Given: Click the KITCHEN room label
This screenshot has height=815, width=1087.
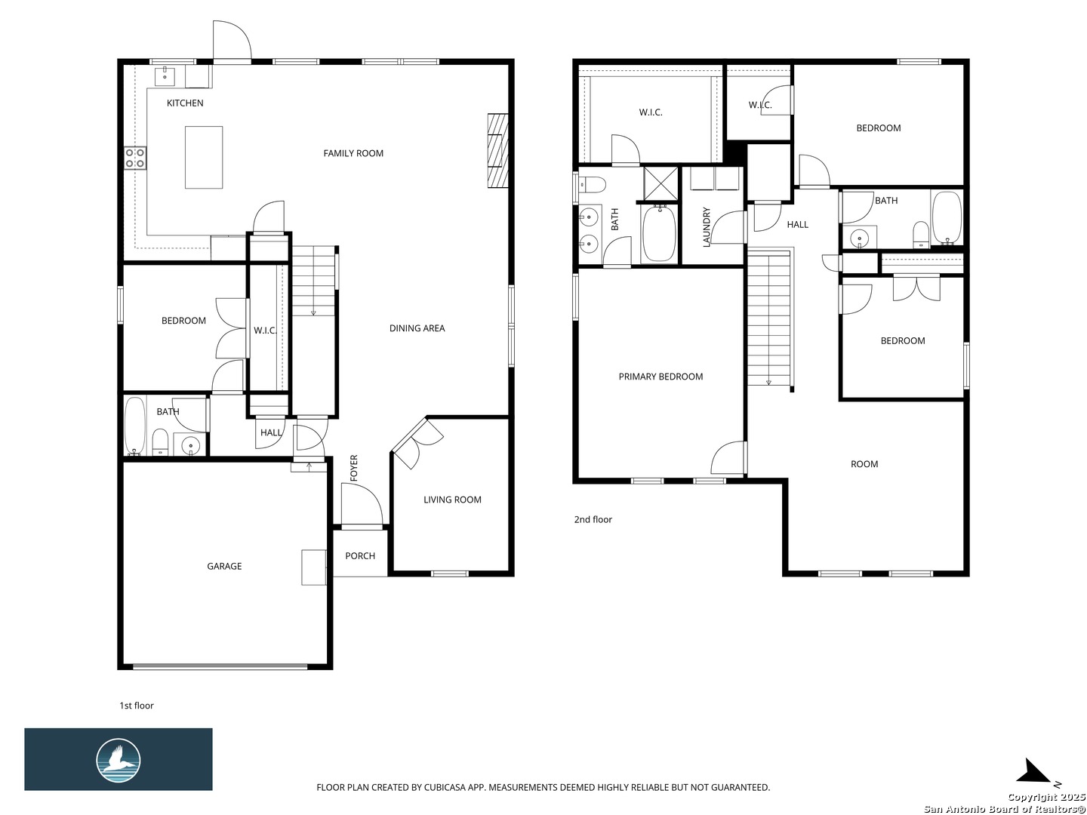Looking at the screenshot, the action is tap(185, 103).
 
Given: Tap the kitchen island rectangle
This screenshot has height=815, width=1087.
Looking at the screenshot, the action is tap(204, 158).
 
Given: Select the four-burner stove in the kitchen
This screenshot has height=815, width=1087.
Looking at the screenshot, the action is tap(134, 158).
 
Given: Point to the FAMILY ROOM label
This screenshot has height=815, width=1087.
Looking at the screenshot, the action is tap(353, 153).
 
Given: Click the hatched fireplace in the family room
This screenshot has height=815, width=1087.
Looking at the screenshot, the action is tap(497, 151).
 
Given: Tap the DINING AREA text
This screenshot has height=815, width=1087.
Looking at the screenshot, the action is tap(417, 328).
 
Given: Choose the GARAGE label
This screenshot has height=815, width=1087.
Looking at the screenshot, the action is tap(224, 566).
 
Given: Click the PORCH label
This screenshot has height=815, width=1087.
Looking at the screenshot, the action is tap(360, 555).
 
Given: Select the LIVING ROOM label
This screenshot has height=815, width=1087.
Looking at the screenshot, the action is tap(452, 500).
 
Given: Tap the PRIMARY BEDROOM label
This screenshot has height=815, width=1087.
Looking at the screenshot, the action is tap(661, 377).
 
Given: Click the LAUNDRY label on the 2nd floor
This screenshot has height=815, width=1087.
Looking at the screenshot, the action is tap(707, 227).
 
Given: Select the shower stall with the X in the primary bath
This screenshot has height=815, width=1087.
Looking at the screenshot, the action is tap(661, 184).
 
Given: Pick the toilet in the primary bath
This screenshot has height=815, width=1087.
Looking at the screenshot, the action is tap(592, 186).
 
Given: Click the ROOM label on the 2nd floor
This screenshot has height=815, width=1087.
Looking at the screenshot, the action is tap(864, 464).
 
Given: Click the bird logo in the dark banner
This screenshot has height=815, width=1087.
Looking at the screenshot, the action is tap(119, 761).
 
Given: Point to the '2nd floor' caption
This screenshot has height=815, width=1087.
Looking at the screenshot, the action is tap(593, 520).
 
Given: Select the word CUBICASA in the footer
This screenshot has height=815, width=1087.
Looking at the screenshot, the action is tap(445, 787).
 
